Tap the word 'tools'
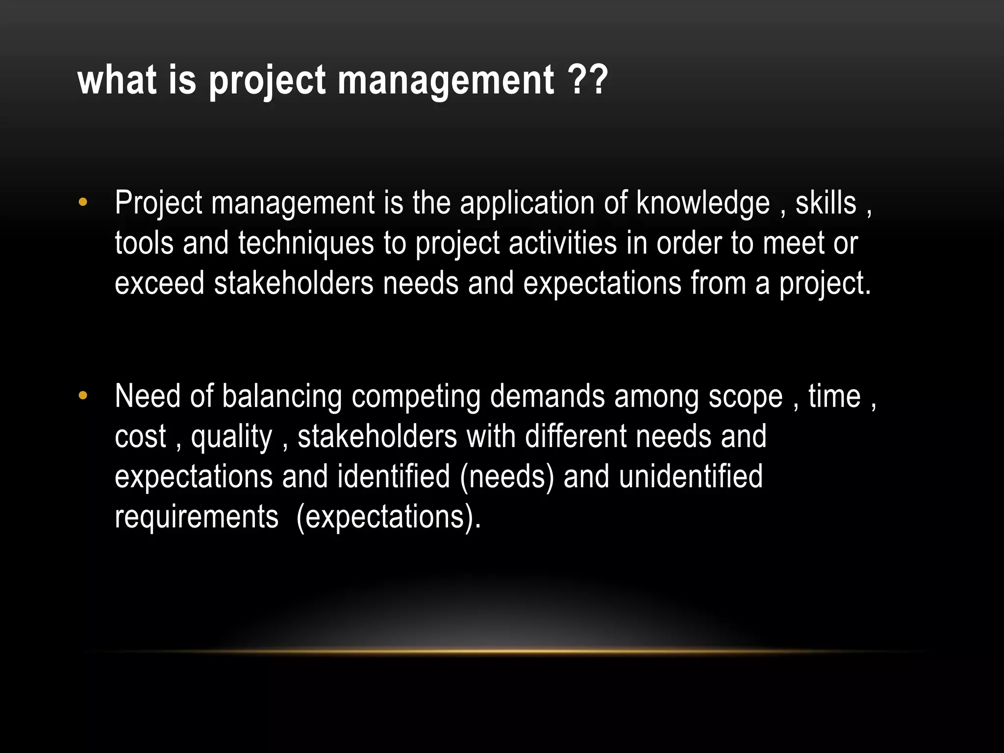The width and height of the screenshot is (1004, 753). click(x=144, y=243)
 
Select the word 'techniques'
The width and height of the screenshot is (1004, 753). click(x=306, y=244)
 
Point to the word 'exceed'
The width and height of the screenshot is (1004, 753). click(x=159, y=283)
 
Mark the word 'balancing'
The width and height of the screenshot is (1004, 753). click(x=282, y=397)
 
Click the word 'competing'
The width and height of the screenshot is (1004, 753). click(x=416, y=397)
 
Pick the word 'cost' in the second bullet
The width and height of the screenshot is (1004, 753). click(x=140, y=437)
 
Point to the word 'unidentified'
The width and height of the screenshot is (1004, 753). click(x=691, y=477)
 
